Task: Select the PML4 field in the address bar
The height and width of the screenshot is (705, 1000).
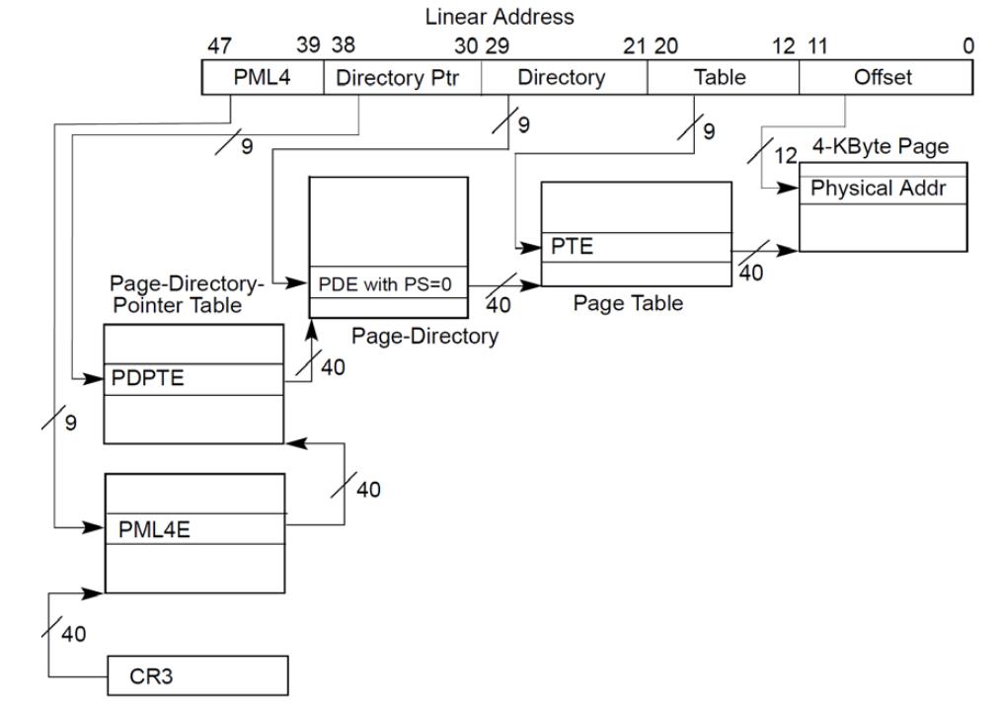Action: click(262, 78)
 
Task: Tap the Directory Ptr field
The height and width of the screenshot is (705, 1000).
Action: click(402, 78)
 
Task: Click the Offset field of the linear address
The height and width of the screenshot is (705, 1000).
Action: click(884, 78)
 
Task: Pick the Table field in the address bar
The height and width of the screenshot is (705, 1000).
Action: click(720, 78)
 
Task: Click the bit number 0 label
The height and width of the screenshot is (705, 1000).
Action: click(968, 46)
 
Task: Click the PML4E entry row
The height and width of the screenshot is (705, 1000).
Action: click(194, 528)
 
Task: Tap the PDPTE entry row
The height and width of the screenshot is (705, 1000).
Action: click(193, 379)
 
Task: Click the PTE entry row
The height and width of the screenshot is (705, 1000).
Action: click(637, 247)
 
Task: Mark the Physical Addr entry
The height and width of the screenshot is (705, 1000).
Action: click(883, 189)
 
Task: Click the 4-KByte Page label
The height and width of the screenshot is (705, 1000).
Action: click(882, 148)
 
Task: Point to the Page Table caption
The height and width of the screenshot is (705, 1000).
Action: click(628, 304)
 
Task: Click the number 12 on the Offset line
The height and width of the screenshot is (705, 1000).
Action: click(785, 155)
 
